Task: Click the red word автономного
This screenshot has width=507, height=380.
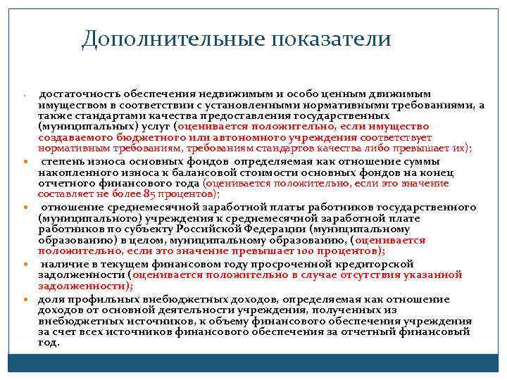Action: pos(272,137)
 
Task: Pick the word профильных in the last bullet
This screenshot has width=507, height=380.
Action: pos(92,298)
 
